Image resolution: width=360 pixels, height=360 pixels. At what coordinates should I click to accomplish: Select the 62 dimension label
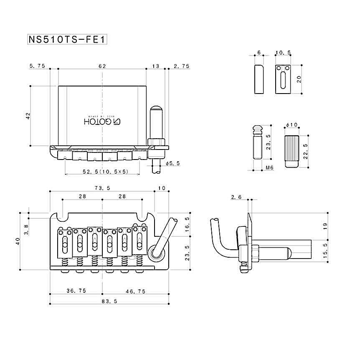(x=102, y=66)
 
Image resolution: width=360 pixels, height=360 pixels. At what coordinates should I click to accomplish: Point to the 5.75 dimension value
(x=38, y=66)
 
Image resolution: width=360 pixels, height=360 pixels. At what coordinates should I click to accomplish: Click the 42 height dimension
(x=28, y=116)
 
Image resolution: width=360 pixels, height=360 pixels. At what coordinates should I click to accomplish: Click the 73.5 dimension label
(x=102, y=188)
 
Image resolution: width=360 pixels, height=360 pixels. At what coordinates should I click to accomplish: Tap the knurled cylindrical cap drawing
(x=291, y=151)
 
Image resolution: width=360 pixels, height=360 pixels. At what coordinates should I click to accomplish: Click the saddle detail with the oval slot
(x=283, y=79)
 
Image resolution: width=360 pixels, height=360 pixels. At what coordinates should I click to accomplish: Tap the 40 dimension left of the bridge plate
(x=18, y=241)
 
